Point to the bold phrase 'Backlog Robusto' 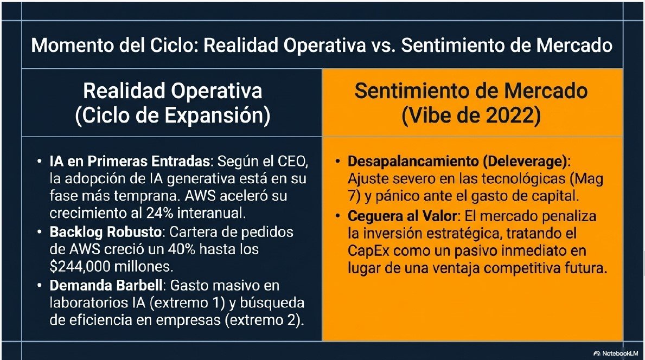[x=105, y=232]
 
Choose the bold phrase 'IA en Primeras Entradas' [x=130, y=161]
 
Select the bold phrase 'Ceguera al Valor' [x=403, y=216]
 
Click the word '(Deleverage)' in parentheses [x=525, y=161]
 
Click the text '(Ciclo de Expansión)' [x=173, y=116]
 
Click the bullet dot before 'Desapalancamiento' [x=337, y=162]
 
